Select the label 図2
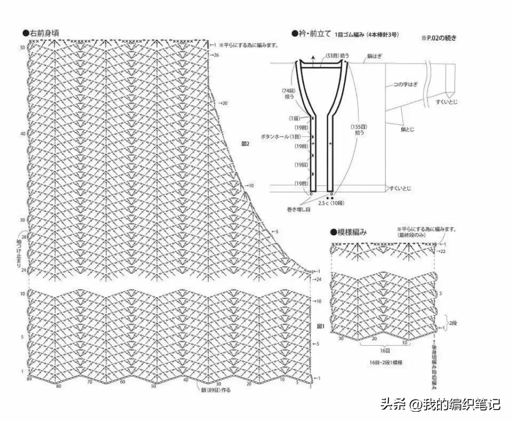[x=246, y=144]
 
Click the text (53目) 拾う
[x=337, y=55]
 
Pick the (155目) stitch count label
[x=359, y=130]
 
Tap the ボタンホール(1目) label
[x=281, y=136]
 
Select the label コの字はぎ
[x=406, y=84]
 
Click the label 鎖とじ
[x=407, y=129]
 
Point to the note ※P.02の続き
[x=439, y=38]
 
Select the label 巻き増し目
[x=299, y=210]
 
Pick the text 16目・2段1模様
[x=386, y=363]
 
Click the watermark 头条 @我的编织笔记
[x=440, y=404]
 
